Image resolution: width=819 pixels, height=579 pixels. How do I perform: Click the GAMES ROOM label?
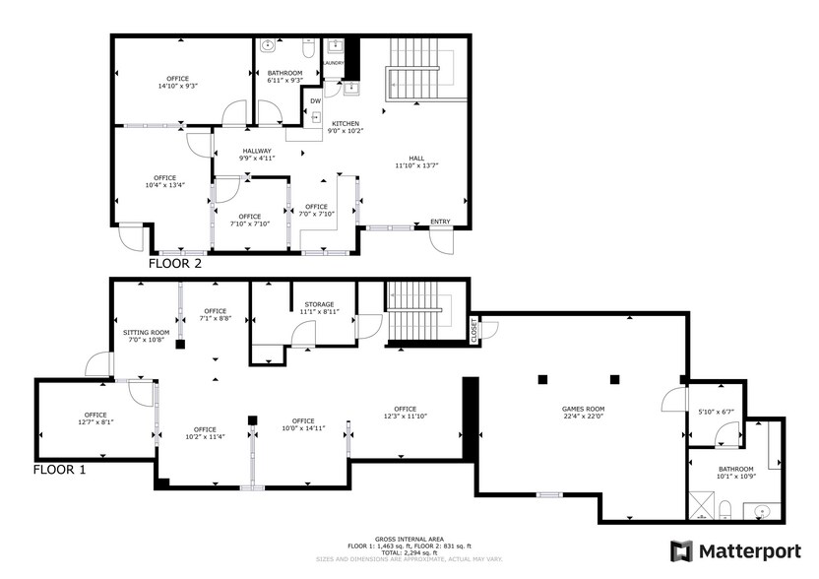point(583,410)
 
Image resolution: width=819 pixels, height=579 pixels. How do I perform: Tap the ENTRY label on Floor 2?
point(440,222)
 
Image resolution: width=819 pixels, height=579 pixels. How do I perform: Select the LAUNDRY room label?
point(334,63)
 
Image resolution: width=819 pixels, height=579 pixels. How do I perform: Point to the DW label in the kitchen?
point(315,101)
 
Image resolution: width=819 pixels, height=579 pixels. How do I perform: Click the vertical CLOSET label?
point(474,330)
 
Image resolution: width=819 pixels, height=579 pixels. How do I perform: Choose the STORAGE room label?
point(319,304)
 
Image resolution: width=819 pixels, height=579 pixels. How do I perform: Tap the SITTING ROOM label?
point(147,333)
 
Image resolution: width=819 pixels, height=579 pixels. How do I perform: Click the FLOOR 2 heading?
point(175,263)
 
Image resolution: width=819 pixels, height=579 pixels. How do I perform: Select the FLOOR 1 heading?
point(59,470)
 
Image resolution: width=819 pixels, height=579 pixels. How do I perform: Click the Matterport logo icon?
point(681,551)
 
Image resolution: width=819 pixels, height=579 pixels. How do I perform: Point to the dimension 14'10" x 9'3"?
point(178,86)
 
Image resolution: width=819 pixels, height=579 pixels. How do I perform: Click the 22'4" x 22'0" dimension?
point(583,417)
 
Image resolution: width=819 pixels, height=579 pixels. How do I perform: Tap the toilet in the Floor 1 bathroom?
point(724,509)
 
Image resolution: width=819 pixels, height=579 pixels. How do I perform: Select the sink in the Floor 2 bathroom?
point(269,45)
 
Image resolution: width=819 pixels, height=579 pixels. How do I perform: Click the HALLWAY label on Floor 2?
point(257,151)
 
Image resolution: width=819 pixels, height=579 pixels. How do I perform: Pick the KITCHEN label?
point(346,124)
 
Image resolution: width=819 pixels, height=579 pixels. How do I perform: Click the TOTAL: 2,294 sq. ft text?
point(409,552)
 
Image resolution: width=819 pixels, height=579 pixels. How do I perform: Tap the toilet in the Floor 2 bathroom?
point(308,47)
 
